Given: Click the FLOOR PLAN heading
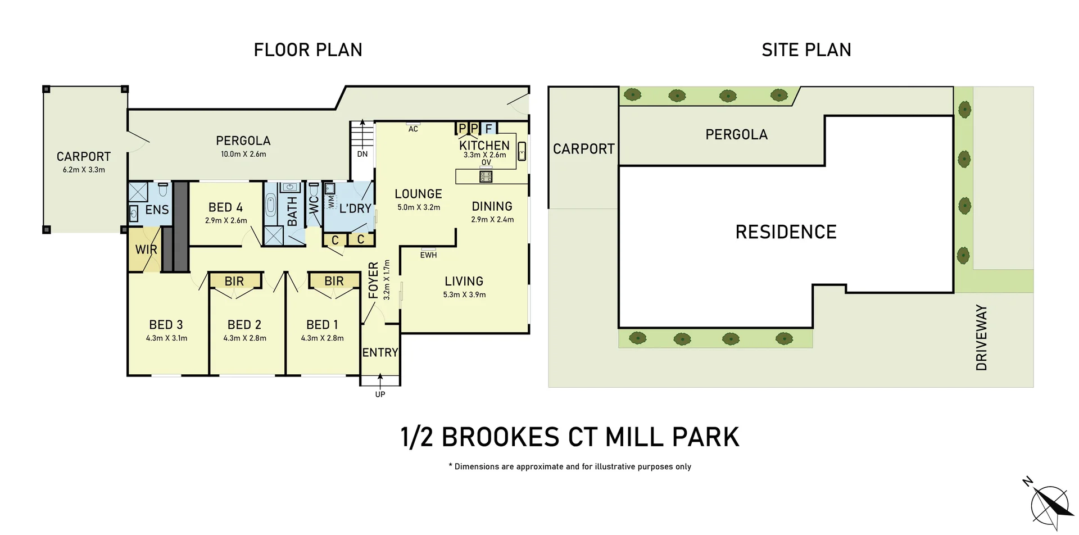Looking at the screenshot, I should (308, 50).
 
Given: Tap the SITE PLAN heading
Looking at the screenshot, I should (806, 50).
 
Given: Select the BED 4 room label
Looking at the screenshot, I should (225, 207).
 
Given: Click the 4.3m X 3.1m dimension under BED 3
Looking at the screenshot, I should (166, 338).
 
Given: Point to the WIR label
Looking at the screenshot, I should (146, 250).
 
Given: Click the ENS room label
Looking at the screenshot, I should (157, 210).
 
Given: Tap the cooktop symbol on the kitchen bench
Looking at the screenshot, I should (486, 177).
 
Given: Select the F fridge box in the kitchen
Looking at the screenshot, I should (488, 129).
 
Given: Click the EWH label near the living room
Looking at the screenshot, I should (428, 255).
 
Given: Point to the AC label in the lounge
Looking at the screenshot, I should (413, 129).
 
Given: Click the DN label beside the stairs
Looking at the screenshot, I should (362, 154).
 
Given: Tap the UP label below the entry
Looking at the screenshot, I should (380, 395).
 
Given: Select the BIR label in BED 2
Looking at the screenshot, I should (234, 281).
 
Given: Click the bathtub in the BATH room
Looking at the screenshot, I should (271, 206).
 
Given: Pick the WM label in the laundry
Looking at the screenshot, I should (331, 201).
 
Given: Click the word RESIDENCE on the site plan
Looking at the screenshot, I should (786, 232).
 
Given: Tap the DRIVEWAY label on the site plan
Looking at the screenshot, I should (981, 337).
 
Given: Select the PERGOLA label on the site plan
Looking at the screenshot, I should (736, 134).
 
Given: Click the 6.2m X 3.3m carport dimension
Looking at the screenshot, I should (84, 170).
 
